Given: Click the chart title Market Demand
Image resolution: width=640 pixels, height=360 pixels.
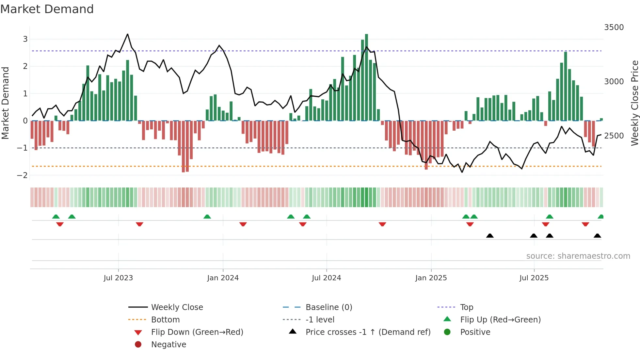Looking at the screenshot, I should click(x=47, y=9).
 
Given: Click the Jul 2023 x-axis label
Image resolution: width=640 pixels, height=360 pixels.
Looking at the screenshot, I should click(x=118, y=278).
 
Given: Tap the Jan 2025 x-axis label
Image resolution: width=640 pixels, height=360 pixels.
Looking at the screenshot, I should click(x=431, y=278).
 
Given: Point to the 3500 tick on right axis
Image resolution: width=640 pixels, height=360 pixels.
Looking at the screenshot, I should click(x=614, y=27).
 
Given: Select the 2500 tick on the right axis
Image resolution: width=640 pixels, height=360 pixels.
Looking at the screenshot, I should click(x=614, y=136).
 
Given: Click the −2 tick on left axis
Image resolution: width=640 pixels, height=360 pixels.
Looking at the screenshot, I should click(x=23, y=175).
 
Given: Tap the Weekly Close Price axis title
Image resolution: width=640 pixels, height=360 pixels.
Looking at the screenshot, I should click(x=634, y=103).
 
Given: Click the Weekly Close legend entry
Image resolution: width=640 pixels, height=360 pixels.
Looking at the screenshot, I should click(x=177, y=307).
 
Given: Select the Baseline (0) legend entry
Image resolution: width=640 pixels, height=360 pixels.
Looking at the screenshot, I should click(x=329, y=307).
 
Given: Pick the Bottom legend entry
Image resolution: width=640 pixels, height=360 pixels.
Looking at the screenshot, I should click(x=165, y=320).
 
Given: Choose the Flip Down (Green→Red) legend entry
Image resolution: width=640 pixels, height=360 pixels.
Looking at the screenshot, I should click(x=197, y=332).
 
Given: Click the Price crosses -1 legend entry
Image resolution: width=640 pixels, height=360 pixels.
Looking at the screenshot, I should click(x=368, y=332).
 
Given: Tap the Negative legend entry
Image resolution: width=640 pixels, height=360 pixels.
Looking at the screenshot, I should click(x=168, y=345).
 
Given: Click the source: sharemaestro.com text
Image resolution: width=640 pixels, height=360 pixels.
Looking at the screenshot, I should click(x=578, y=256).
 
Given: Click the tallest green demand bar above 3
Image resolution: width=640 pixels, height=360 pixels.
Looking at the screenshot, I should click(x=366, y=77).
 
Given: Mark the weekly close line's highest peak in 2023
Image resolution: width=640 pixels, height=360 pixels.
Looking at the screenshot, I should click(x=127, y=34).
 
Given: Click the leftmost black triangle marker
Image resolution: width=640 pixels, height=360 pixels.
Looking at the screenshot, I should click(x=490, y=236).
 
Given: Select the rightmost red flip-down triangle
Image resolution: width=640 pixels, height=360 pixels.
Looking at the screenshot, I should click(x=585, y=224).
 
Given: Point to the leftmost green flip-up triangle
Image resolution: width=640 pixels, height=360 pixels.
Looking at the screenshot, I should click(x=56, y=217).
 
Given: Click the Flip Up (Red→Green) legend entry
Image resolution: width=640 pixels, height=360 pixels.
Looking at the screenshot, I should click(x=500, y=320).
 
